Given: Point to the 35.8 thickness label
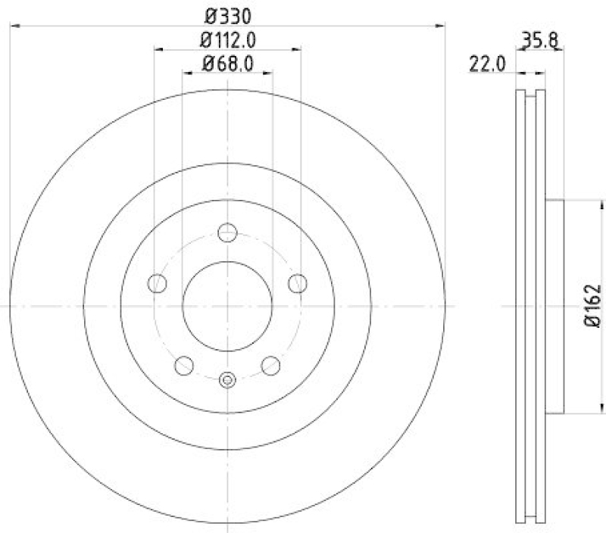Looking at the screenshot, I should coord(539,39).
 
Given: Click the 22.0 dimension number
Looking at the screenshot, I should coord(487,65).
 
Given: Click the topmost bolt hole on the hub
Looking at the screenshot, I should coord(227,232).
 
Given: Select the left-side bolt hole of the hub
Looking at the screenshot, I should coord(157,283).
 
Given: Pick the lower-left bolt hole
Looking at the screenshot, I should coord(184,366).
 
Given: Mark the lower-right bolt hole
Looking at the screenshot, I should coord(270,366).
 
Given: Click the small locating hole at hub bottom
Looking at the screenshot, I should coord(227,380).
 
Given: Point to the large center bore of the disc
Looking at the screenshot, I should coord(227,306).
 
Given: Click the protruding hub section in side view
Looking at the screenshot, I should coord(555,306).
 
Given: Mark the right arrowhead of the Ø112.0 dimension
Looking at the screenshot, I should coord(298,48).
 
